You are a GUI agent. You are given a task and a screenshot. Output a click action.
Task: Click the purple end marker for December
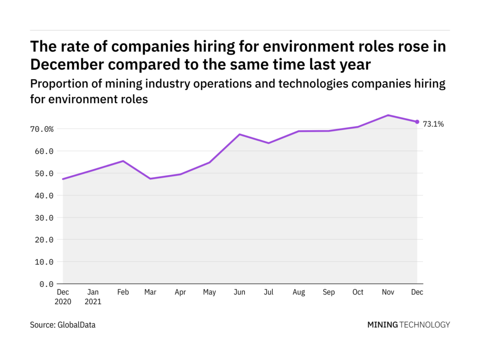pyautogui.click(x=417, y=122)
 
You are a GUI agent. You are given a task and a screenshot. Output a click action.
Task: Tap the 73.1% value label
pyautogui.click(x=433, y=124)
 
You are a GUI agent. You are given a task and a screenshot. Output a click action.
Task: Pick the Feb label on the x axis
pyautogui.click(x=122, y=292)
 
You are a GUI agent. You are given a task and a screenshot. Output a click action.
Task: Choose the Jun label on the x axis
pyautogui.click(x=240, y=292)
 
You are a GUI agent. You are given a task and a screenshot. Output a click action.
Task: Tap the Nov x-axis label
pyautogui.click(x=387, y=292)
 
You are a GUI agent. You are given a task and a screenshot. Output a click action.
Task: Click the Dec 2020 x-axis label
pyautogui.click(x=63, y=297)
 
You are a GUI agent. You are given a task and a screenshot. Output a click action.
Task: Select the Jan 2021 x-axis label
pyautogui.click(x=93, y=297)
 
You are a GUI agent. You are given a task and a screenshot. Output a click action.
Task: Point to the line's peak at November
pyautogui.click(x=388, y=115)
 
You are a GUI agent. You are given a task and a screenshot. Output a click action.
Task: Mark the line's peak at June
pyautogui.click(x=240, y=135)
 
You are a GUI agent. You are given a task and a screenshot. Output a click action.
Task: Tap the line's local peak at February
pyautogui.click(x=123, y=161)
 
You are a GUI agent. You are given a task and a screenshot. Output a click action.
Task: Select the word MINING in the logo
pyautogui.click(x=382, y=324)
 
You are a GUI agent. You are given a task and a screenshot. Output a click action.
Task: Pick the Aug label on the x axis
pyautogui.click(x=299, y=292)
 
